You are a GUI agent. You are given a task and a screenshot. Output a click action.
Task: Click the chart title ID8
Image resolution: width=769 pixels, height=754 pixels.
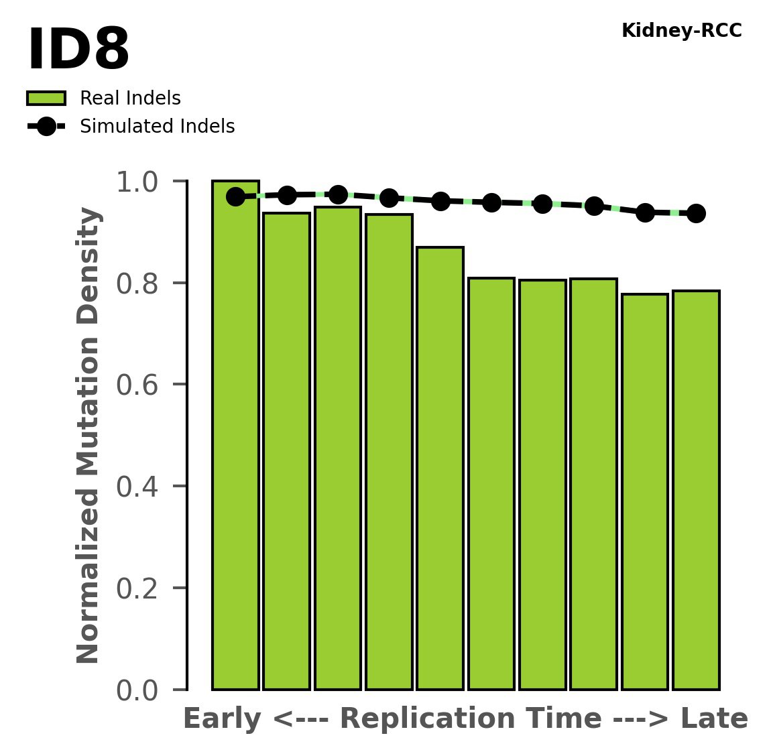78,50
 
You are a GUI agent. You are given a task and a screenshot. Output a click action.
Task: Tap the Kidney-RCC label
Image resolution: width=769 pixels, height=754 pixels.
681,31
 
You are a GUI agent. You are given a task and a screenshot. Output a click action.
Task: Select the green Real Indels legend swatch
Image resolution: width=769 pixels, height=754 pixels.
46,99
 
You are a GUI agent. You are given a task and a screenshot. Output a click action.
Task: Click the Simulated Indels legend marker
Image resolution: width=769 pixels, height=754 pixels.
46,126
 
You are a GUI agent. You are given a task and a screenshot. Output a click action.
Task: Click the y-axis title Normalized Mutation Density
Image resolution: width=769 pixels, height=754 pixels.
88,435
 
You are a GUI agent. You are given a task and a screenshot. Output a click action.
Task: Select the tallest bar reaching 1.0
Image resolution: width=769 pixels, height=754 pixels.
235,436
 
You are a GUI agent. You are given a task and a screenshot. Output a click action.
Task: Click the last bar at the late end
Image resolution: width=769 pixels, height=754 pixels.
696,489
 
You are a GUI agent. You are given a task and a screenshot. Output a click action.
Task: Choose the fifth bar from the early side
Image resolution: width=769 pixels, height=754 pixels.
440,469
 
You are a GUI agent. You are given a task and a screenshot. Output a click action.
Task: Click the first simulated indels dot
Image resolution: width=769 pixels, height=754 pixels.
235,196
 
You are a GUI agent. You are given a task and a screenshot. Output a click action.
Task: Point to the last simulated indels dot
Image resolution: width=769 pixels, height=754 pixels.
696,213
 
